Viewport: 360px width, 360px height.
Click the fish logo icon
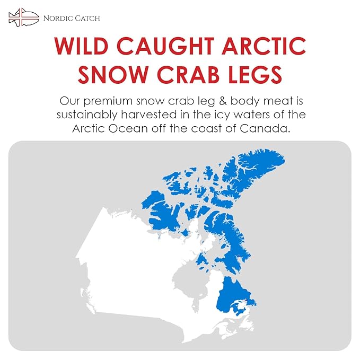(x=24, y=17)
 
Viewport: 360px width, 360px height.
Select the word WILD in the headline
(x=81, y=46)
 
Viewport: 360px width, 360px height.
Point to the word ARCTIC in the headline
(x=264, y=46)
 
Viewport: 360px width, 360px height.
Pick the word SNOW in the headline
(x=113, y=74)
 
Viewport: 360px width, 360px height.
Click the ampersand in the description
(x=223, y=101)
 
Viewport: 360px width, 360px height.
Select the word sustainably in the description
(x=87, y=115)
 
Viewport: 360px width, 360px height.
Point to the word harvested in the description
(x=149, y=115)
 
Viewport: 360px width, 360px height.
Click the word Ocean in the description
(x=128, y=128)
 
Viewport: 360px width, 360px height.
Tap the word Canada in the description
(x=265, y=128)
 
